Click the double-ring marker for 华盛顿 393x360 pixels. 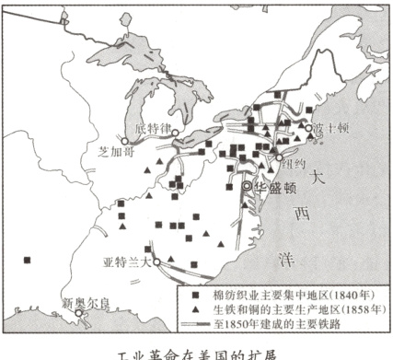[x=247, y=185]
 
